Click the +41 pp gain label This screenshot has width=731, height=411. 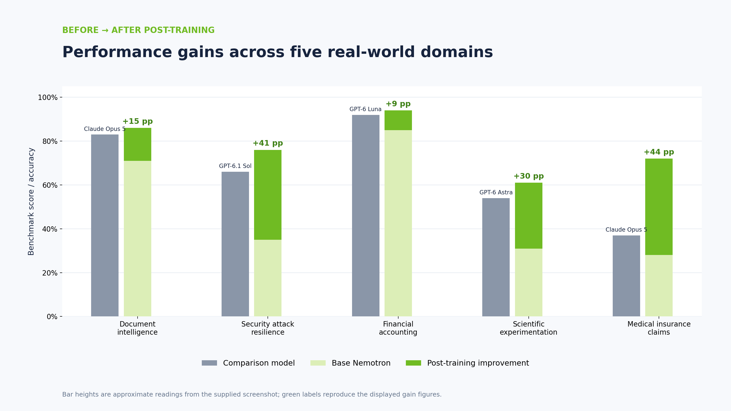(x=268, y=143)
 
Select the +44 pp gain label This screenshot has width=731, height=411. (x=659, y=152)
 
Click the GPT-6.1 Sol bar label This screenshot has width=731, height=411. (x=235, y=166)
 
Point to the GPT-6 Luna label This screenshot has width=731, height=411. (x=365, y=109)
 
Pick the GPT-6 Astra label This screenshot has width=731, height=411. (x=496, y=192)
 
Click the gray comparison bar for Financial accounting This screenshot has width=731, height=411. (x=365, y=216)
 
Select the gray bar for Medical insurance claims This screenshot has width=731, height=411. (x=626, y=276)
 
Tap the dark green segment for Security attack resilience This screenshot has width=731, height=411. (x=268, y=195)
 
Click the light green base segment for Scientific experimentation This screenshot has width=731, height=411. (x=528, y=283)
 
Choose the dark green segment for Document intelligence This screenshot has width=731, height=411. (x=137, y=144)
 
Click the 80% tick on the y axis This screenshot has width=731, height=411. (x=61, y=141)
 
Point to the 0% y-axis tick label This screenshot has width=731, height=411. (x=52, y=317)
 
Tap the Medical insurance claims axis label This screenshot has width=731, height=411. (x=659, y=328)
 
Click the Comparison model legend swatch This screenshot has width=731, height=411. (x=209, y=363)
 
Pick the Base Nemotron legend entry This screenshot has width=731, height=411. (x=350, y=363)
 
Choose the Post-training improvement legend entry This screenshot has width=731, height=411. (x=467, y=363)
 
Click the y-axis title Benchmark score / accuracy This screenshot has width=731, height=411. (x=31, y=201)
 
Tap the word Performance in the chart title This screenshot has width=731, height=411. (x=117, y=52)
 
